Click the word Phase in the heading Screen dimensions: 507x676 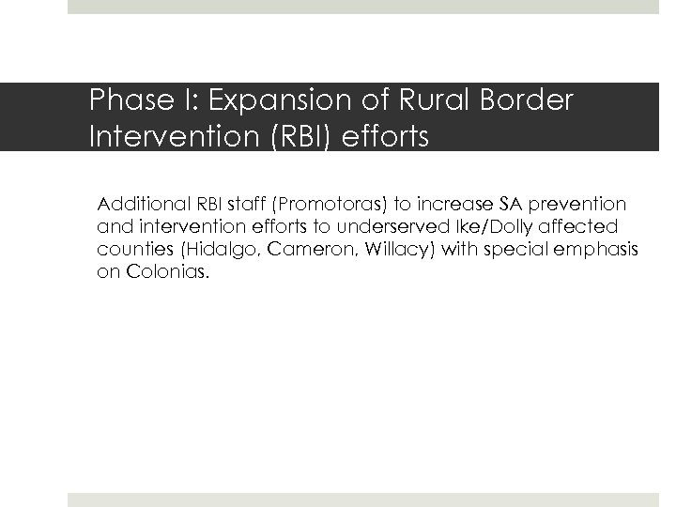[121, 100]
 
